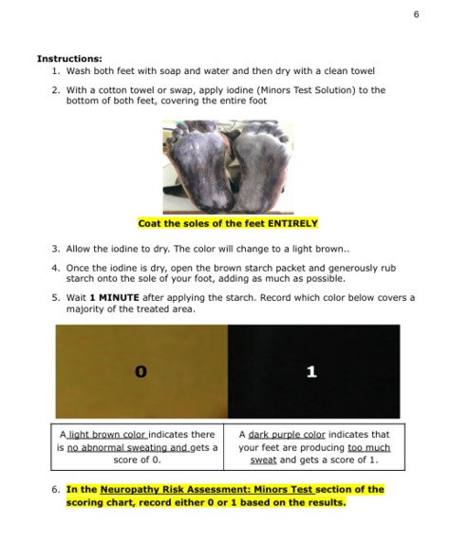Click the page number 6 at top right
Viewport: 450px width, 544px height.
[416, 13]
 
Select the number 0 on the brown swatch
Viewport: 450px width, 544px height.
[141, 372]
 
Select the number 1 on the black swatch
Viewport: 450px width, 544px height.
[311, 372]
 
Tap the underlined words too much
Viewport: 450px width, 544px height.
[368, 447]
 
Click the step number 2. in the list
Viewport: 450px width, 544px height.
[56, 90]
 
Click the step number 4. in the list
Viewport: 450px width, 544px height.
[56, 268]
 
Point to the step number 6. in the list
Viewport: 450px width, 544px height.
[56, 490]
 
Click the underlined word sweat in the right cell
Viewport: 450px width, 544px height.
[263, 460]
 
